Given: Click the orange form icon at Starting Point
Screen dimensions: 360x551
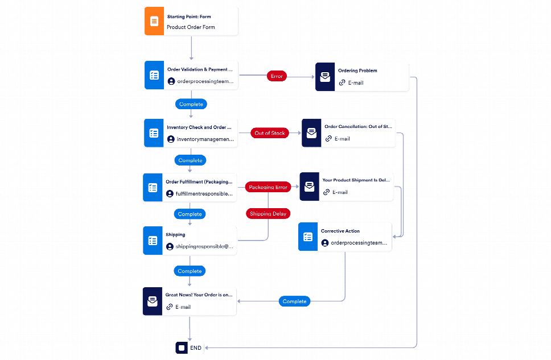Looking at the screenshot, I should coord(154,22).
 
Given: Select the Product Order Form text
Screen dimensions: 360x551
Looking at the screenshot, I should coord(191,27).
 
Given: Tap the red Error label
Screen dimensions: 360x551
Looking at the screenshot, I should coord(276,76).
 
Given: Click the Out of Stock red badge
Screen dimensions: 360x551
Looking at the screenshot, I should coord(270,133).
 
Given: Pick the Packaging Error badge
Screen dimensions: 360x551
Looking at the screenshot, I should coord(268,187).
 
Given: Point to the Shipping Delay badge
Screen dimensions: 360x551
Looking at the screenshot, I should coord(268,213).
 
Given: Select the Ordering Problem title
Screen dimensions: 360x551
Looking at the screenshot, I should coord(357,71).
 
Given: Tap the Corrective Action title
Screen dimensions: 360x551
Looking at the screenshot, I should coord(340,231).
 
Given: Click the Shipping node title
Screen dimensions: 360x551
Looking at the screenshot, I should coord(175,234).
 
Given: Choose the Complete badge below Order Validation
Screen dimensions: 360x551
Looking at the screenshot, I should coord(191,104).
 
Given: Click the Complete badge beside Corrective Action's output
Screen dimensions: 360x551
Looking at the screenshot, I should coord(294,301).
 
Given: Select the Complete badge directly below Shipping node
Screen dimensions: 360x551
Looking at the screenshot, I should coord(190,271).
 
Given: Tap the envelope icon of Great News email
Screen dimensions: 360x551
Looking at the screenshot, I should coord(153,301).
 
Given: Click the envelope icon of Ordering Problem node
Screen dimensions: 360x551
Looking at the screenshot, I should coord(325,77).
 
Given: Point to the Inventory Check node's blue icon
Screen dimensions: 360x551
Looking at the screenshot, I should coord(154,133).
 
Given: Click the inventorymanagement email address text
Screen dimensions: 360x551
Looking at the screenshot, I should coord(205,139).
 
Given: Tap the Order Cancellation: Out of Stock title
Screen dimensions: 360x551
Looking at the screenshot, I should coord(358,127).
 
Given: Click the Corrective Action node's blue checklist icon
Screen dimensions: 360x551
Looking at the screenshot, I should coord(308,237).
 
